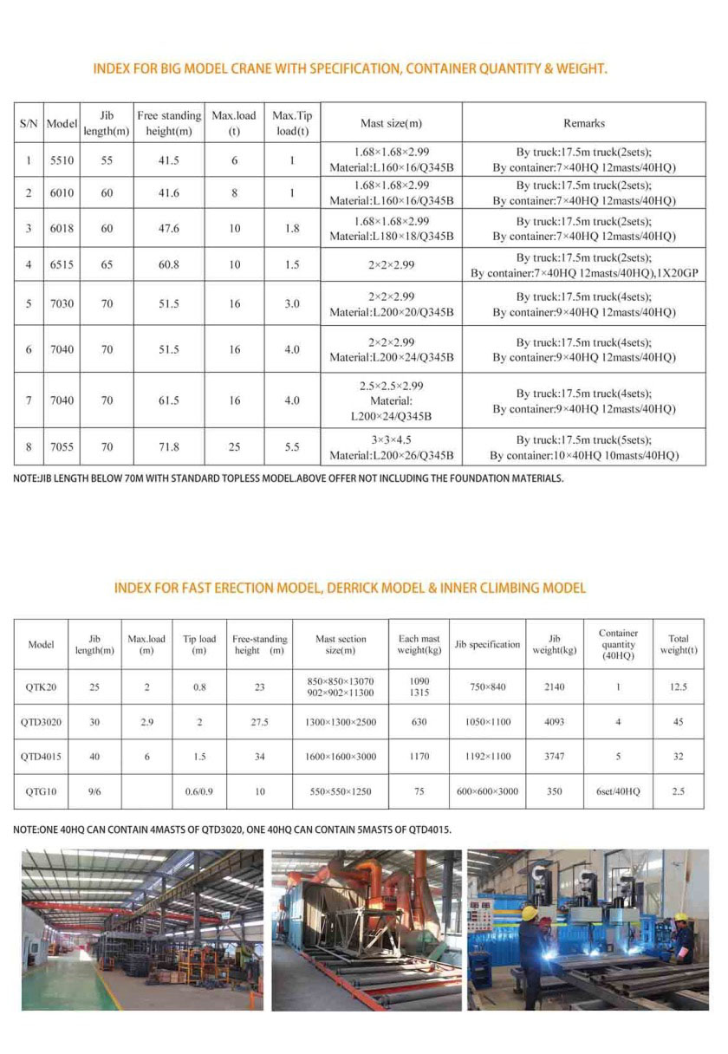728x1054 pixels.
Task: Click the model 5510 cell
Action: coord(62,160)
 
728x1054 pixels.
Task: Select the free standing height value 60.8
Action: coord(169,264)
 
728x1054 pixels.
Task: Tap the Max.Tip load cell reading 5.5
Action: coord(292,447)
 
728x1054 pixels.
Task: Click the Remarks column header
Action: coord(584,123)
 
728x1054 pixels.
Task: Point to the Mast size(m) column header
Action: coord(391,123)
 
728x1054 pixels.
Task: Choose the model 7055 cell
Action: coord(62,447)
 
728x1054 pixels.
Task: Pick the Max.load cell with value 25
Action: coord(234,447)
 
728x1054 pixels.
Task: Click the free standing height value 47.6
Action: coord(169,228)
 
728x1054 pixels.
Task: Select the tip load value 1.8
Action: coord(292,228)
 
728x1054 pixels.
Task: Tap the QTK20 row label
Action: coord(42,686)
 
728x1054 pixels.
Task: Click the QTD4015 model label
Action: coord(42,756)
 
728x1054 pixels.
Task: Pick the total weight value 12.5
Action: coord(679,686)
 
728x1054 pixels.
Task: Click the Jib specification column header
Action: coord(488,644)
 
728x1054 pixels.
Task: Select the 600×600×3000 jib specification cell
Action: coord(488,791)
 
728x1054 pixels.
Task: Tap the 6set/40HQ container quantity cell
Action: coord(618,791)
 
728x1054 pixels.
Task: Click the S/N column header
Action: coord(29,123)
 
